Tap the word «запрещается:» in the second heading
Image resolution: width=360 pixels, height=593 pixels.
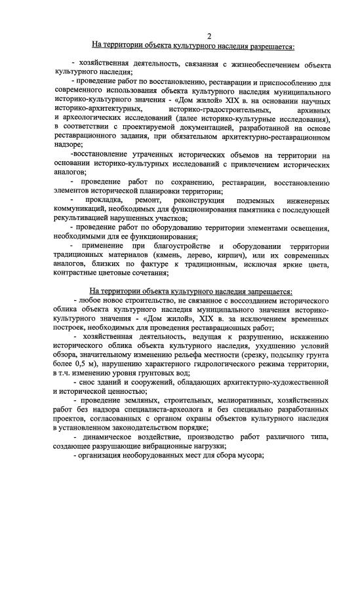click(x=266, y=292)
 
